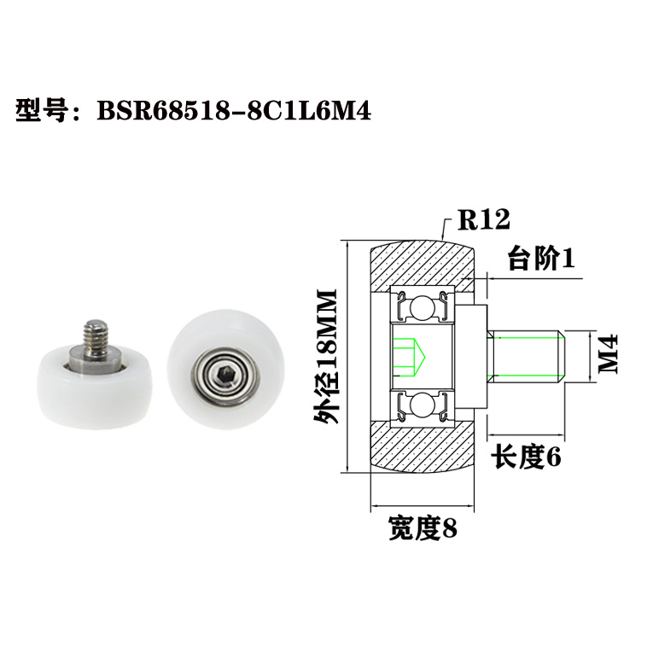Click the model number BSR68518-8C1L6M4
235,111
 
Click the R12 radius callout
483,219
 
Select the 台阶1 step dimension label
539,259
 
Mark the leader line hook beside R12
446,225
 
